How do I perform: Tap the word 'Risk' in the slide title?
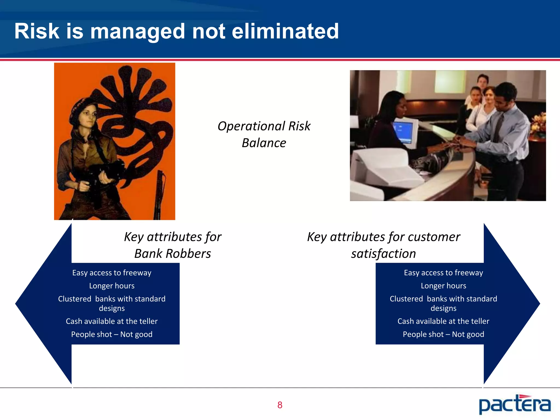(37, 31)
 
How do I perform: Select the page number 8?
(280, 405)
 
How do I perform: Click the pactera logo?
(515, 404)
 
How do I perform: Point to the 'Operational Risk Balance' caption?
(264, 135)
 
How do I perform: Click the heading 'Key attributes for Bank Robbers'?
(173, 245)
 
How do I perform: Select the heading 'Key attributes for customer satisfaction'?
(383, 245)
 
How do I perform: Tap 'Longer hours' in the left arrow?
(112, 286)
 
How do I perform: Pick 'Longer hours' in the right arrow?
(443, 286)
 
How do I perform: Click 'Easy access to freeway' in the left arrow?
(112, 273)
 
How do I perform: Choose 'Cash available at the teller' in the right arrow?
(443, 321)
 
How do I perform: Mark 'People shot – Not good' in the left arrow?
(112, 334)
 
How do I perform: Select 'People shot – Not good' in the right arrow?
(443, 334)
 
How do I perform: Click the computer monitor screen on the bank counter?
(403, 132)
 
